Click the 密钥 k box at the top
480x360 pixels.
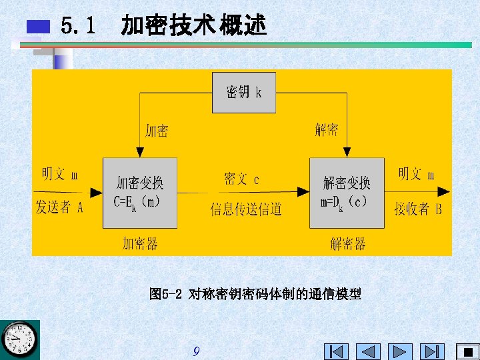[243, 92]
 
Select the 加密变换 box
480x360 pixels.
[139, 193]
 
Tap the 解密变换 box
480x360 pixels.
[347, 193]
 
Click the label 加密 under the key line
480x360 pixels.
[157, 130]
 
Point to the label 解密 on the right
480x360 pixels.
[327, 129]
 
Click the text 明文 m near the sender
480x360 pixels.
[59, 175]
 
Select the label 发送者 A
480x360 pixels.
[59, 207]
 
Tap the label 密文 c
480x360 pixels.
[241, 179]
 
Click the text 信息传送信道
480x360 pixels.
[246, 209]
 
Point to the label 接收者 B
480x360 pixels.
[418, 209]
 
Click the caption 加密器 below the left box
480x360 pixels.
[140, 243]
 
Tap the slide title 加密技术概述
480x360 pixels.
[193, 26]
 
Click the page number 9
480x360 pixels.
[196, 351]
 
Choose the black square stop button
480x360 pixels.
[467, 351]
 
